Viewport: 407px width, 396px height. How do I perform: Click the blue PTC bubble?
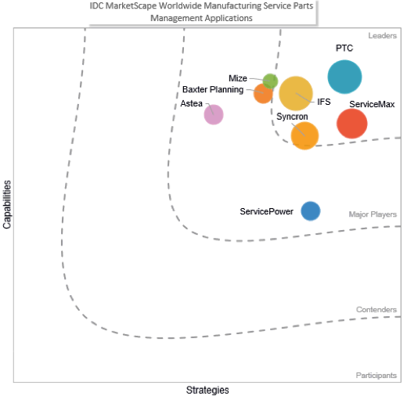(344, 77)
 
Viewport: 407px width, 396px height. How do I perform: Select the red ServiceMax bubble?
(351, 123)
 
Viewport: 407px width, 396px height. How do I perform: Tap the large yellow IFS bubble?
(296, 94)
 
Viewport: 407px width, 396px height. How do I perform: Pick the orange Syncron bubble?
(304, 135)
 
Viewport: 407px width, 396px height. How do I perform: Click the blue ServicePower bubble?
(311, 211)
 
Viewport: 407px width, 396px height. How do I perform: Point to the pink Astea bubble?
(214, 114)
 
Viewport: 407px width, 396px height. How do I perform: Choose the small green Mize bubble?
(270, 81)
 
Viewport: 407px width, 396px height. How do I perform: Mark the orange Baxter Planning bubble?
(263, 94)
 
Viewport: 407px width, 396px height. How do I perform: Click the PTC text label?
(344, 49)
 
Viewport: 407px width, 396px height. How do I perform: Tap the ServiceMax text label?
(372, 104)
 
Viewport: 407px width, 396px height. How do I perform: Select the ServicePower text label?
(267, 211)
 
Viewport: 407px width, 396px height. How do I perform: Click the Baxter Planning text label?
(213, 90)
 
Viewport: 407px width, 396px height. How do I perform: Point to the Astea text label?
(191, 103)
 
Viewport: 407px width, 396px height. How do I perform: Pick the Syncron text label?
(292, 117)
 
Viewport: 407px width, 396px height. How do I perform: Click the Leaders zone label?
(383, 36)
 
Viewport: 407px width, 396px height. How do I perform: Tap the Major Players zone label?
(373, 214)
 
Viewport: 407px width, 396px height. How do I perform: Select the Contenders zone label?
(376, 310)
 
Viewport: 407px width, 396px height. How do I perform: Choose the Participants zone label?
(376, 376)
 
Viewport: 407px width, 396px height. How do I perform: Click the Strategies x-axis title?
(207, 390)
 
